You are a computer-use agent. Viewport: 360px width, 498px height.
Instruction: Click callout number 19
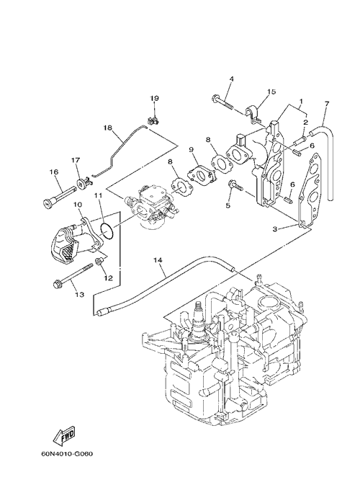point(155,98)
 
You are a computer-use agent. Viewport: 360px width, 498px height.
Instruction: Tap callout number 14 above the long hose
point(158,260)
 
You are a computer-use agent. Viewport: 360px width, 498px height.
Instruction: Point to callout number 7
point(327,103)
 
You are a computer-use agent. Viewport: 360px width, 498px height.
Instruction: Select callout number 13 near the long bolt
point(80,295)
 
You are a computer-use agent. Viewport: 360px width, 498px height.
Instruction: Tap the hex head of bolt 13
point(57,283)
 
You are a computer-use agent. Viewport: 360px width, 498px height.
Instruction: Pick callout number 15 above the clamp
point(271,92)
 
